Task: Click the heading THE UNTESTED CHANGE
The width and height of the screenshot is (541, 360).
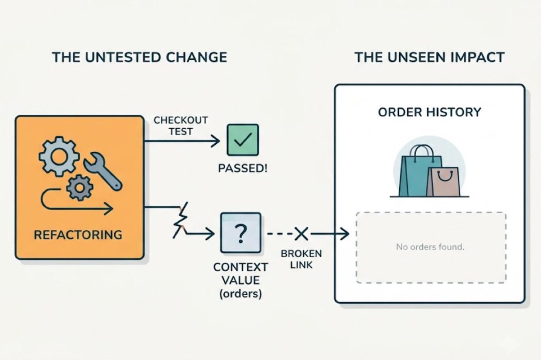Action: [x=140, y=57]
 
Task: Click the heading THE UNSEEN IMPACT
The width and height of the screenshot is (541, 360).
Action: [x=430, y=57]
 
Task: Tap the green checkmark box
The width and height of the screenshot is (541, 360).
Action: [x=243, y=140]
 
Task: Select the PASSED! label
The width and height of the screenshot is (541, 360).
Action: [x=243, y=168]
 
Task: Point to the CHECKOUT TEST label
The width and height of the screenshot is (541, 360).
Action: [x=181, y=126]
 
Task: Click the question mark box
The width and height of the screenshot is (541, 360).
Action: [x=241, y=233]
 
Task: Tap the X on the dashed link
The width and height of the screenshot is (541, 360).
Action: [x=301, y=234]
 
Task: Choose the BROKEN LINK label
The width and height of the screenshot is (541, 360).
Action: [x=301, y=259]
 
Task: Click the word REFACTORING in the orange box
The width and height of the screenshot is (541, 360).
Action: [x=78, y=235]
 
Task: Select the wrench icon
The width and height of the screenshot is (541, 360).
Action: [x=103, y=171]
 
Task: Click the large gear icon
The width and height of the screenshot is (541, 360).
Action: [x=59, y=156]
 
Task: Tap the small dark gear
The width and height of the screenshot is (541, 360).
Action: [x=80, y=188]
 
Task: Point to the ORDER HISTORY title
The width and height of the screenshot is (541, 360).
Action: [x=430, y=112]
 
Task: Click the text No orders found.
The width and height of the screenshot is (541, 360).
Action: [x=430, y=247]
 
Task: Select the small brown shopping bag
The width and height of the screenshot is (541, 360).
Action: [x=444, y=182]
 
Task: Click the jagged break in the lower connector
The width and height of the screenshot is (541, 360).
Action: [x=181, y=220]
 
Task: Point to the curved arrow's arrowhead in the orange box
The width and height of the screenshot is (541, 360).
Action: [x=109, y=208]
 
